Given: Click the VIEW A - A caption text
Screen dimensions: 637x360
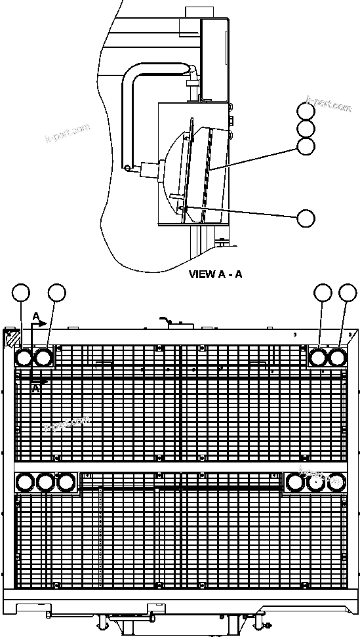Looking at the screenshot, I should [x=215, y=274].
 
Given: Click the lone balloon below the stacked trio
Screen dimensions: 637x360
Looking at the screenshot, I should [x=306, y=218].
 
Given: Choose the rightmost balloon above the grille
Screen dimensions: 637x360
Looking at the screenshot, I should [x=347, y=293].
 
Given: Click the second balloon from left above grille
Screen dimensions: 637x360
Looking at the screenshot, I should [x=57, y=293].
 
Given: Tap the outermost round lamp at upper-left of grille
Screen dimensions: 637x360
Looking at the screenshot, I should [x=24, y=358].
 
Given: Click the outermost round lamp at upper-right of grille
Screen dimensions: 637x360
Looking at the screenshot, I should [x=337, y=358].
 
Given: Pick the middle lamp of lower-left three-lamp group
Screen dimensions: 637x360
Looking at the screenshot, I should [x=45, y=482].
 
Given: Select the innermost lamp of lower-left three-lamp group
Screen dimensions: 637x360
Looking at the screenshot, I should [x=66, y=482].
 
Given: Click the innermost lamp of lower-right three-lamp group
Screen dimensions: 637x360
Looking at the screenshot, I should [x=295, y=482].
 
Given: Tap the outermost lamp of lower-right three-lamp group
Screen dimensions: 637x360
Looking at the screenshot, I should [x=336, y=482].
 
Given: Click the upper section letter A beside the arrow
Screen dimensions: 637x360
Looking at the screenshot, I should [x=37, y=317].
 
